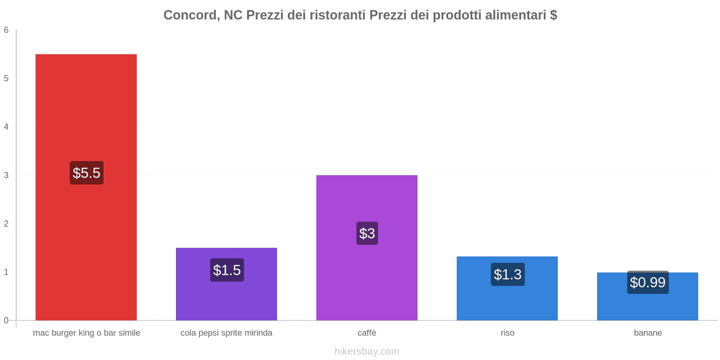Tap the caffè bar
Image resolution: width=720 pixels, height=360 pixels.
tap(367, 279)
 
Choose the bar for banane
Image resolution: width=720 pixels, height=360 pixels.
tap(648, 306)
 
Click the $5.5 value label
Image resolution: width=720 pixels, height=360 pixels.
tap(86, 173)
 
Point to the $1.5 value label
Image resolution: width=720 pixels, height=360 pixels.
tap(227, 270)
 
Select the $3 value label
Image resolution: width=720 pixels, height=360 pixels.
tap(367, 233)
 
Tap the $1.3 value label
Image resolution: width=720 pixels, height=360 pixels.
tap(508, 274)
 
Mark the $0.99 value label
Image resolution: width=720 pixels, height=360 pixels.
tap(648, 282)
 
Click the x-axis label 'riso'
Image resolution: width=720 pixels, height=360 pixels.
tap(508, 333)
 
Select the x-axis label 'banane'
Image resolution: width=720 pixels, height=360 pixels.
tap(648, 333)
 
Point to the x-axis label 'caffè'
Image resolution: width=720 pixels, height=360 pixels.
tap(367, 333)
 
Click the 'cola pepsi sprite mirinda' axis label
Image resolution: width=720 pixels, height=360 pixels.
tap(226, 333)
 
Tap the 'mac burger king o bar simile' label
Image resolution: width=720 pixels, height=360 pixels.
tap(86, 333)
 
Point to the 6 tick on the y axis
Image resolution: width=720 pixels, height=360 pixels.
tap(6, 30)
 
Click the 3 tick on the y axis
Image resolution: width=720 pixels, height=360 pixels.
tap(6, 175)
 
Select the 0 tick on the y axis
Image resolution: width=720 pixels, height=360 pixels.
tap(6, 320)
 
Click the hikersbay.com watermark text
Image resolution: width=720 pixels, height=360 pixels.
tap(367, 351)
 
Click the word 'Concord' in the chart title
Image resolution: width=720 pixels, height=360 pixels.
tap(191, 15)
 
